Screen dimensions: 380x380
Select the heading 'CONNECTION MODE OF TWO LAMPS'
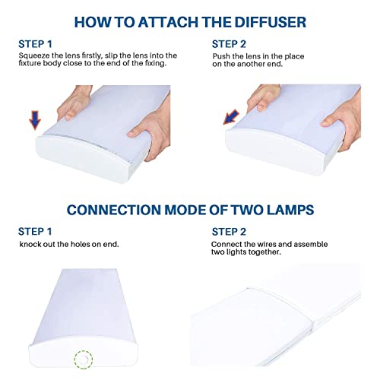190,209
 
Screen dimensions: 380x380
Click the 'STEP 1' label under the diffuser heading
35,43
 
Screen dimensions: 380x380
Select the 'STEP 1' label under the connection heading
35,230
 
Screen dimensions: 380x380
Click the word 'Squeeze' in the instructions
34,55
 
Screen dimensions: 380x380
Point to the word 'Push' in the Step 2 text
222,56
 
